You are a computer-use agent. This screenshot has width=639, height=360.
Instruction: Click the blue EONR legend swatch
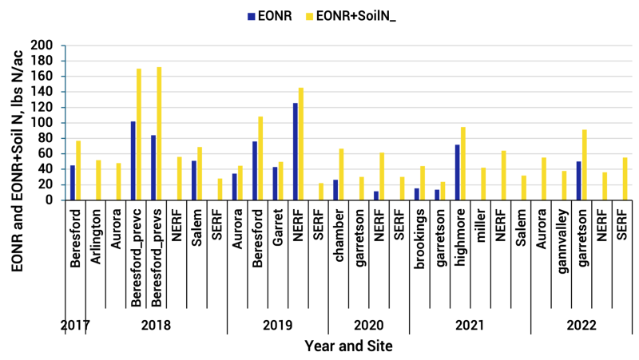(x=252, y=15)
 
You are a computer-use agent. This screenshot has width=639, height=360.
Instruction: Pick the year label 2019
(x=277, y=326)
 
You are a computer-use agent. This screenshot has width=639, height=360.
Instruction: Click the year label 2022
(x=581, y=326)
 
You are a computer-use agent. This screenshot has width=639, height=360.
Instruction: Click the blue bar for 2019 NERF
(x=295, y=152)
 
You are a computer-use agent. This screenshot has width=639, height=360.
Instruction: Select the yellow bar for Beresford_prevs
(x=159, y=133)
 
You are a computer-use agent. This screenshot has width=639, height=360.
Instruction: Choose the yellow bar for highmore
(x=463, y=164)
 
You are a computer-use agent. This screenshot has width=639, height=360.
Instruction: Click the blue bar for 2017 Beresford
(x=73, y=183)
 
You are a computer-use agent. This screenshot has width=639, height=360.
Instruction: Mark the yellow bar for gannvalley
(x=564, y=185)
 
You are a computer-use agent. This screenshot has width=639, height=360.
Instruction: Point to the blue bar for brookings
(x=416, y=194)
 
